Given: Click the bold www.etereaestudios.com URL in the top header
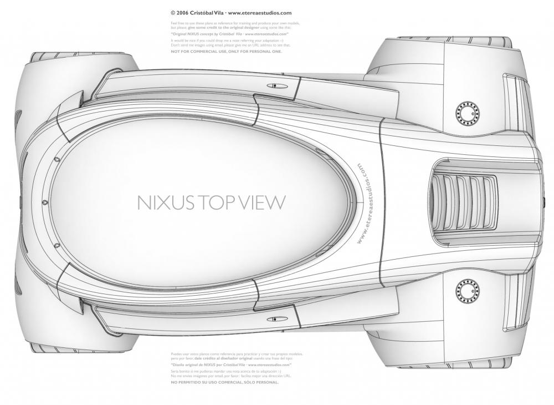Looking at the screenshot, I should (259, 13).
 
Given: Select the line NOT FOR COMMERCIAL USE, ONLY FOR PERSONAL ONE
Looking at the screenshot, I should (226, 51).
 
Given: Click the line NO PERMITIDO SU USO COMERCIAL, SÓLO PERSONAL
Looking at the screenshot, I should (225, 382).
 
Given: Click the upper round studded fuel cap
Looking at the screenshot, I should (466, 113).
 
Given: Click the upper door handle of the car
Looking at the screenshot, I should (275, 85).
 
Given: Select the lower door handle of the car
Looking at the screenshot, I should (275, 319).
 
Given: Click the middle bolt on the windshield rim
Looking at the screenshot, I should (44, 202).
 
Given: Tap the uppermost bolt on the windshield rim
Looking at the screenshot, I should (58, 159).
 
